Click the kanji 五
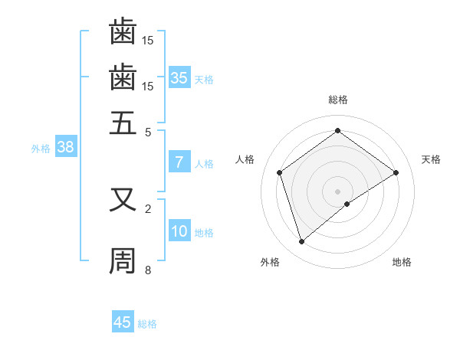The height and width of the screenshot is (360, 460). (123, 121)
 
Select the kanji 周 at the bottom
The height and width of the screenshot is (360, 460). (123, 260)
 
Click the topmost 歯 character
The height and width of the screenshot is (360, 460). (123, 31)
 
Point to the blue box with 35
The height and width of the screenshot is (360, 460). (179, 78)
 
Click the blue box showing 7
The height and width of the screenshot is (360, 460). (179, 162)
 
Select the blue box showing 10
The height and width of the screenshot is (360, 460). (179, 232)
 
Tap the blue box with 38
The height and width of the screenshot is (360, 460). (65, 149)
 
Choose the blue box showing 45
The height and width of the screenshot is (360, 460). (123, 322)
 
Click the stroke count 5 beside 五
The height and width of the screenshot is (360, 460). (149, 131)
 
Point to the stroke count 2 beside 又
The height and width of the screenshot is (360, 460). (149, 208)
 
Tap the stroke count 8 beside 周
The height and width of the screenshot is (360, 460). (149, 270)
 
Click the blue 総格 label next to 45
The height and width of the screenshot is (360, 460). (147, 324)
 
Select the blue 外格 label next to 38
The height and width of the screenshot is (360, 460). (41, 149)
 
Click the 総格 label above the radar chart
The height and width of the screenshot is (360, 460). (338, 100)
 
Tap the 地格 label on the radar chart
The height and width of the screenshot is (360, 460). (402, 262)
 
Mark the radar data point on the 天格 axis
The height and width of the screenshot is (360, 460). (396, 172)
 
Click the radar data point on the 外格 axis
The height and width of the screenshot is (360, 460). (301, 242)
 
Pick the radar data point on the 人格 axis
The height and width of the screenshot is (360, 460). (280, 172)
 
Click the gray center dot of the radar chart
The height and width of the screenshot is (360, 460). (338, 191)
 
